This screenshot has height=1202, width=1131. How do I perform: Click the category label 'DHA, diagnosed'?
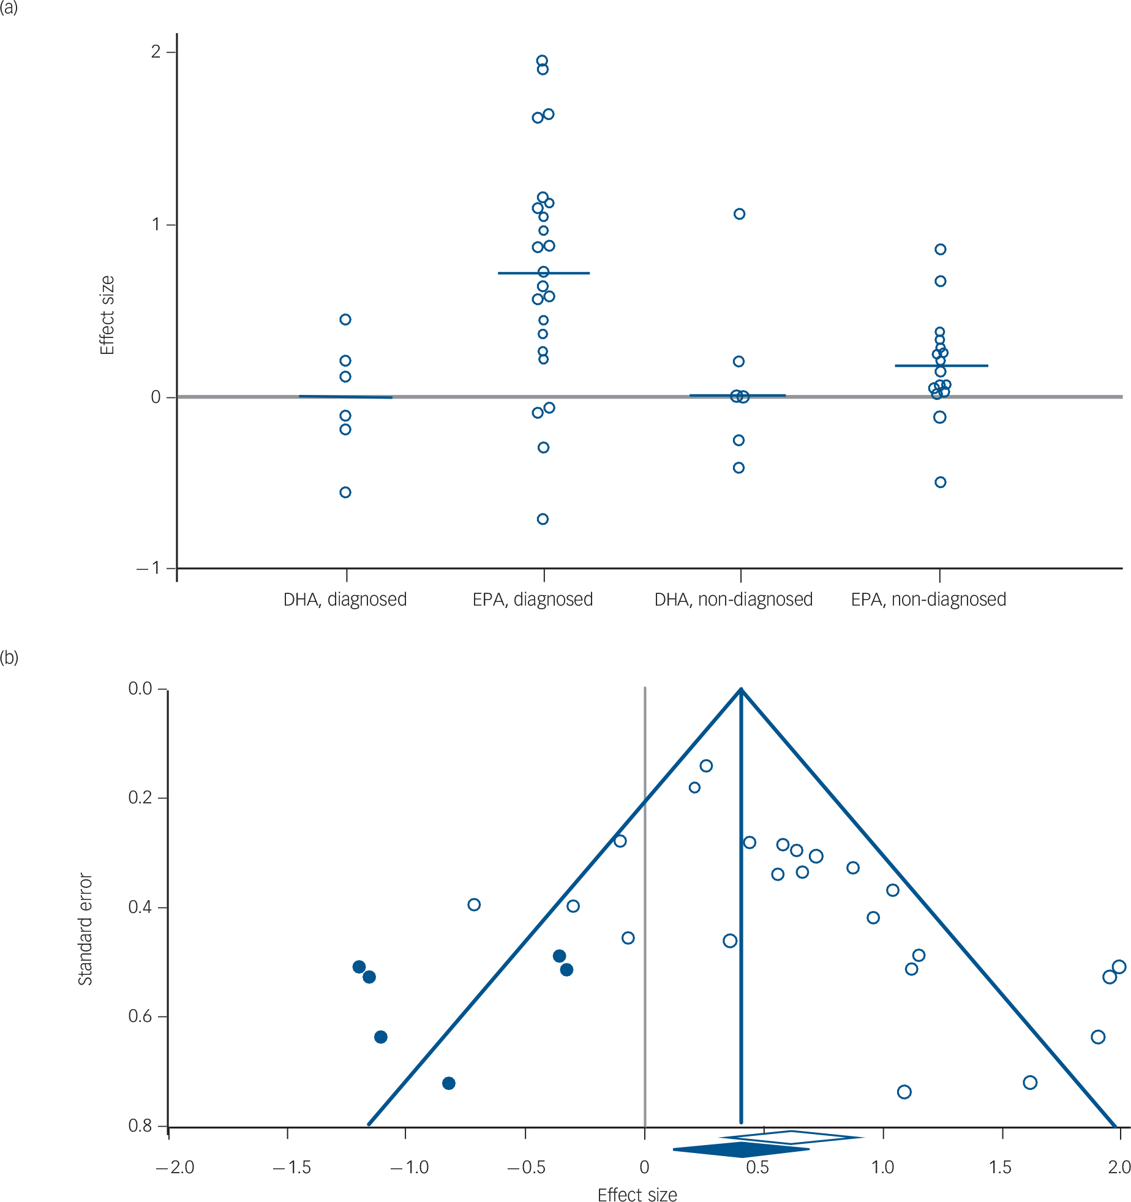[x=345, y=599]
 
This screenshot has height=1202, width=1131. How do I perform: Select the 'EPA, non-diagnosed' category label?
[x=928, y=599]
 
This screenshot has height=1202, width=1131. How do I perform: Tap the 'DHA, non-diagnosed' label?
[x=733, y=599]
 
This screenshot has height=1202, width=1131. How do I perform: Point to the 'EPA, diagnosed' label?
[x=533, y=599]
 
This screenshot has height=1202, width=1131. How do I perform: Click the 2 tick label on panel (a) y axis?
[x=156, y=51]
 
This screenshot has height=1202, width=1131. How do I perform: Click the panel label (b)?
[x=9, y=658]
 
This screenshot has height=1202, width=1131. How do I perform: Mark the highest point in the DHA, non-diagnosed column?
[x=739, y=214]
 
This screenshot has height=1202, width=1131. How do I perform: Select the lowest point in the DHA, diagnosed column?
[x=345, y=492]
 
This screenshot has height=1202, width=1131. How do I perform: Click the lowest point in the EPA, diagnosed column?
[x=543, y=519]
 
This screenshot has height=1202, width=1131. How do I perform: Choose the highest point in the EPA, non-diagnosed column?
[x=941, y=249]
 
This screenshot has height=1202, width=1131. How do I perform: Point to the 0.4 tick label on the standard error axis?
[x=140, y=907]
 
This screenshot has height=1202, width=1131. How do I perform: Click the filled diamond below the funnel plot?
[x=742, y=1150]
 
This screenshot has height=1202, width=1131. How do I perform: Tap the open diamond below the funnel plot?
[x=791, y=1138]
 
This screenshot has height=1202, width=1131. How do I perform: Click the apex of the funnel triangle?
[x=742, y=689]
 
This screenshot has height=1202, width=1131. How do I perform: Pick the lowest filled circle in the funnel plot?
[x=449, y=1083]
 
